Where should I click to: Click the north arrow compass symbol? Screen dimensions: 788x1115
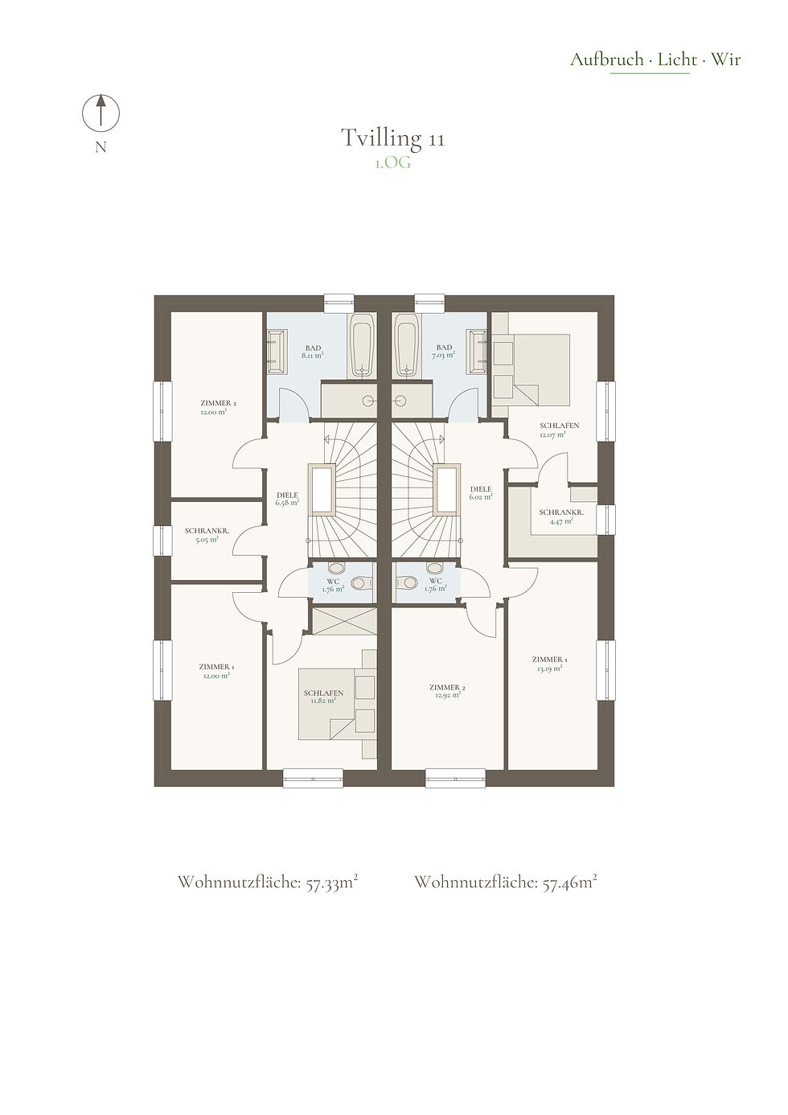tap(101, 113)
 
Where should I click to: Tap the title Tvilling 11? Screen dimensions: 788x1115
tap(392, 138)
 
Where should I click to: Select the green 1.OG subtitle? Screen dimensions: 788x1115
tap(392, 163)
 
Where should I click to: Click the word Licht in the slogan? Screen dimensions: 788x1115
tap(677, 60)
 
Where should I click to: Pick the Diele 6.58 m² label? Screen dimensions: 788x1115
tap(288, 499)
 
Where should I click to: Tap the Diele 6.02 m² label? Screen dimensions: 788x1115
tap(481, 493)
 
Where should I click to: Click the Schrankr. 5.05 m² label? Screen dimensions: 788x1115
tap(207, 535)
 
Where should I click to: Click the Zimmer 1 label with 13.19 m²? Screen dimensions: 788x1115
tap(550, 664)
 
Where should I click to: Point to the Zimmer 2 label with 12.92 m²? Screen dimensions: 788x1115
tap(447, 691)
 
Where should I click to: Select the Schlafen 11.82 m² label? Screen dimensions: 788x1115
tap(323, 697)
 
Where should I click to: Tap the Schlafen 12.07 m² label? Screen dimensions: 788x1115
tap(559, 430)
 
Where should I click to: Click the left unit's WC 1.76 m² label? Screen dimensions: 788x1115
tap(333, 585)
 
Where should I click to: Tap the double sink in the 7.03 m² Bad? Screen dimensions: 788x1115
tap(476, 352)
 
